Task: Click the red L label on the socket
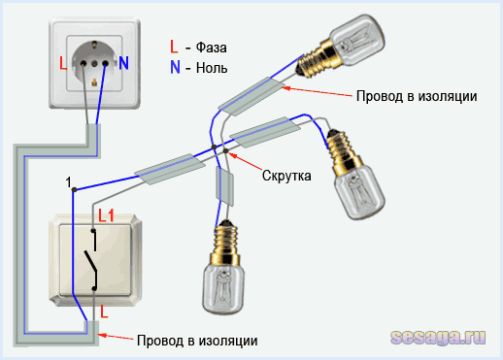pos(62,64)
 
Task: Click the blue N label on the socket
pos(124,64)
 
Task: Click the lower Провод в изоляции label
pos(197,341)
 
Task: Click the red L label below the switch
pos(105,314)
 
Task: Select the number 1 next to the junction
pos(68,181)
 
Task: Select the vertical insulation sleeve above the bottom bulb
pos(225,185)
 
